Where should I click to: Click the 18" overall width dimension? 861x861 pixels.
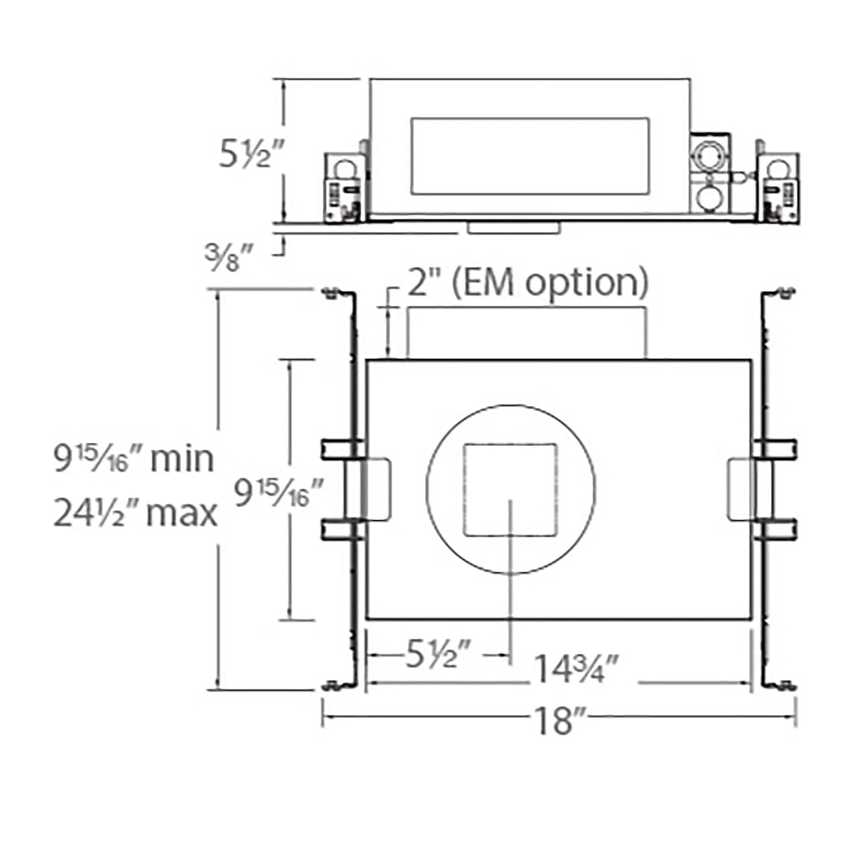pyautogui.click(x=558, y=720)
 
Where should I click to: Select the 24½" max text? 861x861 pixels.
pyautogui.click(x=136, y=513)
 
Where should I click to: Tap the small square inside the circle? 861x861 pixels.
pyautogui.click(x=511, y=489)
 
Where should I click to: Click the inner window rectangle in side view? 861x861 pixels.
pyautogui.click(x=529, y=156)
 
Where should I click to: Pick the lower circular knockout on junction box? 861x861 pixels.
pyautogui.click(x=708, y=200)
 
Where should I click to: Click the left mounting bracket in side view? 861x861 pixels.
pyautogui.click(x=344, y=188)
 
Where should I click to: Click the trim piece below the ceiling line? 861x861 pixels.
pyautogui.click(x=514, y=228)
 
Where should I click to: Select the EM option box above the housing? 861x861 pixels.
pyautogui.click(x=527, y=332)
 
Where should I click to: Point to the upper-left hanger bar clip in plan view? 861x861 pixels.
pyautogui.click(x=342, y=449)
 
